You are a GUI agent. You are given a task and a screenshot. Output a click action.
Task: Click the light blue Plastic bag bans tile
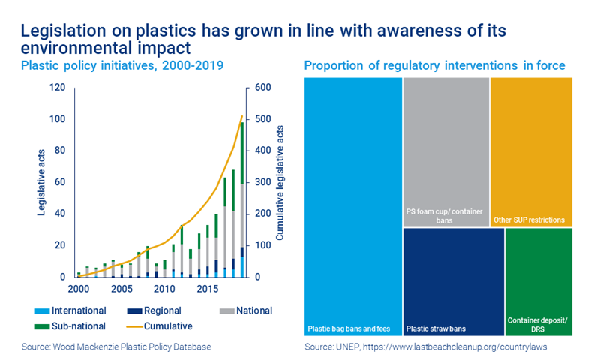[352, 206]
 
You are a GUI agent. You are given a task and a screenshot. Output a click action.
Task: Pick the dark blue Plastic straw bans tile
[453, 282]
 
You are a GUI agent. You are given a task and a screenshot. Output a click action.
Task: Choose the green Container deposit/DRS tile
[539, 282]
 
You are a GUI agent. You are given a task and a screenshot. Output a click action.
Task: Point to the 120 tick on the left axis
[58, 88]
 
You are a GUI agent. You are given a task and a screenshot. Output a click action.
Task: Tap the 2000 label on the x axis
[78, 289]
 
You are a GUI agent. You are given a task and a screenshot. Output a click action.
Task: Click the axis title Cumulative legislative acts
[281, 182]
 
